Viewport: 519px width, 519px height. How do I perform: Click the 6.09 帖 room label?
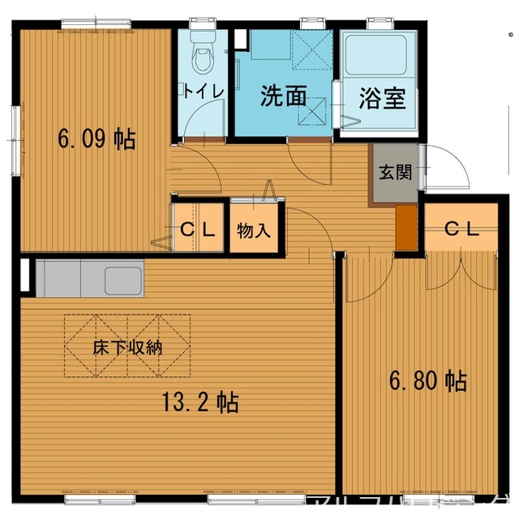coord(96,139)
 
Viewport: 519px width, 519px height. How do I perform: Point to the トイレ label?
coord(204,90)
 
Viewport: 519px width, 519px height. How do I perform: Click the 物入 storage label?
coord(254,230)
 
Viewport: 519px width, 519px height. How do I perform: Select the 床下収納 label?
coord(127,347)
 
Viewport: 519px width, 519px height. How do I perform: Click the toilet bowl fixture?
coord(200,57)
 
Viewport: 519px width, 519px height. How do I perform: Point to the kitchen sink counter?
coord(89,279)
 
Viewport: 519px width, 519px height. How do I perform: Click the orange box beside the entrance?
coord(405,228)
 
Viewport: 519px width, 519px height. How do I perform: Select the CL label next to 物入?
coord(198,229)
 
